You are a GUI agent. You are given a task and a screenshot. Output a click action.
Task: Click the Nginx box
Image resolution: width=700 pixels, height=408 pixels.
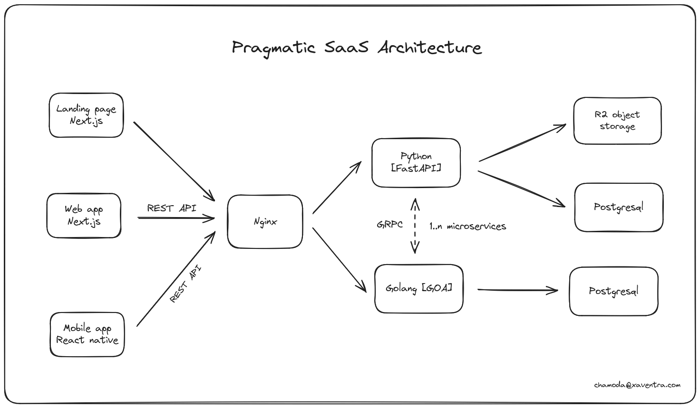pyautogui.click(x=265, y=222)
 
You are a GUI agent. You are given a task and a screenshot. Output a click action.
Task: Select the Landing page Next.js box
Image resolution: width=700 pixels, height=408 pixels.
pyautogui.click(x=86, y=115)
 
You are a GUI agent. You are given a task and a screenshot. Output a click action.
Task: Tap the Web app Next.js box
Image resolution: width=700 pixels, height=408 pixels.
pyautogui.click(x=84, y=216)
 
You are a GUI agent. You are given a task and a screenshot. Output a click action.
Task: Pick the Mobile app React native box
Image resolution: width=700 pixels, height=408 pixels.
pyautogui.click(x=87, y=334)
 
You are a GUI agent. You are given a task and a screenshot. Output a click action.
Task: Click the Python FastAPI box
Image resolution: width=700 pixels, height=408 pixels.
pyautogui.click(x=416, y=162)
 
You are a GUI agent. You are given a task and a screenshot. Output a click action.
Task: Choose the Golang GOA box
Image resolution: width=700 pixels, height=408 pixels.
pyautogui.click(x=418, y=289)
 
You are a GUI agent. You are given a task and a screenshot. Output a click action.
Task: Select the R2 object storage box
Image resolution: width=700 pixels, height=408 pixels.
pyautogui.click(x=617, y=121)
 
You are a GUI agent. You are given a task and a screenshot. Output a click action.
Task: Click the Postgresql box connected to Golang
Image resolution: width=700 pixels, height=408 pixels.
pyautogui.click(x=613, y=291)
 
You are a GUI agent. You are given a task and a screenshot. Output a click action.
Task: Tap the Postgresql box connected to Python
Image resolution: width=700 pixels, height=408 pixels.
pyautogui.click(x=618, y=208)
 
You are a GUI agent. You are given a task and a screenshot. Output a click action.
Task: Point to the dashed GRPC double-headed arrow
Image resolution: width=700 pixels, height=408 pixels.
pyautogui.click(x=415, y=226)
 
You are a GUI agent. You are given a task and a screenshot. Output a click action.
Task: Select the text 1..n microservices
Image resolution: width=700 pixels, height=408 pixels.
pyautogui.click(x=467, y=227)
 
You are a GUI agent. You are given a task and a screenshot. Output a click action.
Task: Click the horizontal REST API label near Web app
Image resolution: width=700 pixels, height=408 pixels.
pyautogui.click(x=171, y=208)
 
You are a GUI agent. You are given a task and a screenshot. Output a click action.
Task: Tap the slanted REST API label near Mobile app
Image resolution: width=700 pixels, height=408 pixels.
pyautogui.click(x=185, y=284)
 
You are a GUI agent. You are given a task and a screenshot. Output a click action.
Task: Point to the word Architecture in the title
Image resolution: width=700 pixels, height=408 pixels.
pyautogui.click(x=429, y=48)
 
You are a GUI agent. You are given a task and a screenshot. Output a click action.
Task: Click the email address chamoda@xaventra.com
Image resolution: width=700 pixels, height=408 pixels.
pyautogui.click(x=637, y=385)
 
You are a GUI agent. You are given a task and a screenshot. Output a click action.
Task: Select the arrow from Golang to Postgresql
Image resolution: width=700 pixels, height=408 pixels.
pyautogui.click(x=517, y=290)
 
